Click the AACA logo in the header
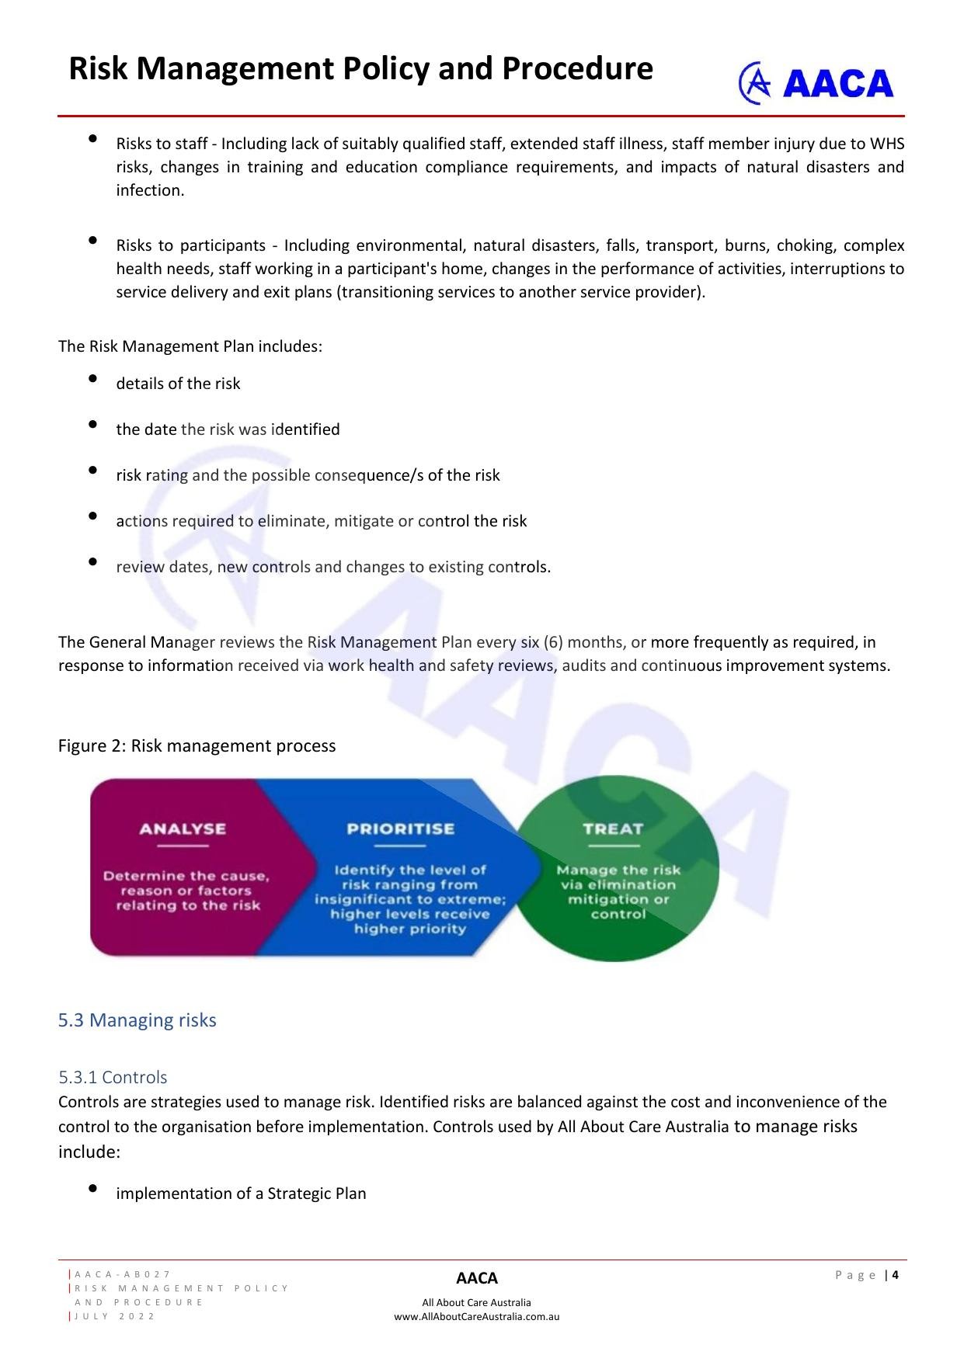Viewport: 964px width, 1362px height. pyautogui.click(x=816, y=83)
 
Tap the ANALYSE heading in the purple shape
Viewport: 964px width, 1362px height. pyautogui.click(x=183, y=829)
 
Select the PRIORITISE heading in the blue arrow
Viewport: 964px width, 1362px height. pyautogui.click(x=400, y=829)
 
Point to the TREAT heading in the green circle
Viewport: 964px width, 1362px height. pyautogui.click(x=613, y=829)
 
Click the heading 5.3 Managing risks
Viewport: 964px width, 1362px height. pyautogui.click(x=137, y=1020)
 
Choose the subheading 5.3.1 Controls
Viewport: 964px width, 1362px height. pyautogui.click(x=113, y=1077)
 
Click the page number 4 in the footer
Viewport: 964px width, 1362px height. pyautogui.click(x=896, y=1274)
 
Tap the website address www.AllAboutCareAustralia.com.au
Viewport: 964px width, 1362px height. pyautogui.click(x=476, y=1316)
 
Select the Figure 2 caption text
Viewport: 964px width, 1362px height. pyautogui.click(x=197, y=745)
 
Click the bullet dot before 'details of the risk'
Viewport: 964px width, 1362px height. pyautogui.click(x=93, y=378)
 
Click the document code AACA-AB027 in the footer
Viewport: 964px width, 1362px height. pyautogui.click(x=123, y=1274)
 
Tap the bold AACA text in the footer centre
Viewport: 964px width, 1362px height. pyautogui.click(x=476, y=1278)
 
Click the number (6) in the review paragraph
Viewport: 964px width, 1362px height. pyautogui.click(x=553, y=642)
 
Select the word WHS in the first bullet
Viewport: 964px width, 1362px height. pyautogui.click(x=886, y=144)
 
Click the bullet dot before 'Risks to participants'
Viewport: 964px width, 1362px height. pyautogui.click(x=93, y=240)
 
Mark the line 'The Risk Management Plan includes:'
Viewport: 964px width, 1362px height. pyautogui.click(x=190, y=346)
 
